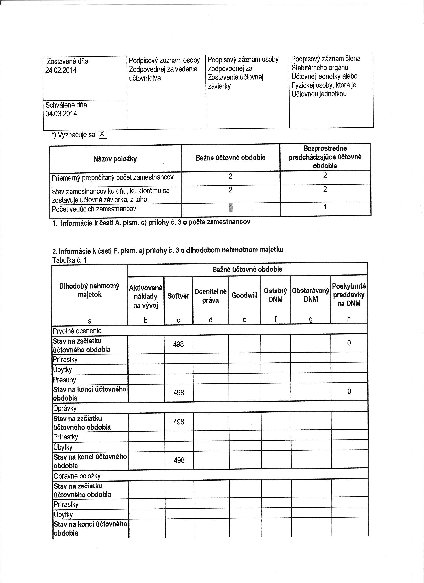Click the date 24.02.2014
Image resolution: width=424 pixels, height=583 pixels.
[61, 70]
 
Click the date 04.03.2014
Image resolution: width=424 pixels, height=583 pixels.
[61, 114]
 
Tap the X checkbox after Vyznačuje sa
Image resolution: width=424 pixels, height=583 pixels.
[103, 134]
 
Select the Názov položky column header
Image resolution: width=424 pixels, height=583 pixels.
[115, 159]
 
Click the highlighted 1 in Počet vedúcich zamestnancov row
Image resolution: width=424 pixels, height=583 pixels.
[230, 207]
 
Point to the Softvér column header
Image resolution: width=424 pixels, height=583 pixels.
[178, 296]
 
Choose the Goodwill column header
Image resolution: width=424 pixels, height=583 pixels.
[244, 295]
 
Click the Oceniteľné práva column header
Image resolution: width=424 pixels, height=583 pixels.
[210, 296]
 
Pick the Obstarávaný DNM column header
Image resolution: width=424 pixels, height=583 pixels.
[311, 295]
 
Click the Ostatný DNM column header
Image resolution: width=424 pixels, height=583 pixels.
[275, 295]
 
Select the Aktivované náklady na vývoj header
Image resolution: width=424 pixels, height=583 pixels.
[146, 296]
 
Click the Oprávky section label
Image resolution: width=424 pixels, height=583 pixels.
[65, 408]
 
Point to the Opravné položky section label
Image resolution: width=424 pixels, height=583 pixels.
[77, 476]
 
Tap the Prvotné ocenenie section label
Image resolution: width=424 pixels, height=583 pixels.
[77, 331]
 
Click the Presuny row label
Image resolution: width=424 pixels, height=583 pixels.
[65, 380]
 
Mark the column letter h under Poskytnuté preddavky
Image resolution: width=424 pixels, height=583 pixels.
[349, 319]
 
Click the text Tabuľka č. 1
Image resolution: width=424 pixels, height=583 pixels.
[69, 260]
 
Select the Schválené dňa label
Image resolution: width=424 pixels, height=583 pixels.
[66, 105]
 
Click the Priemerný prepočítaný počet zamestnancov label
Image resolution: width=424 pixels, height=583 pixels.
[113, 177]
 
